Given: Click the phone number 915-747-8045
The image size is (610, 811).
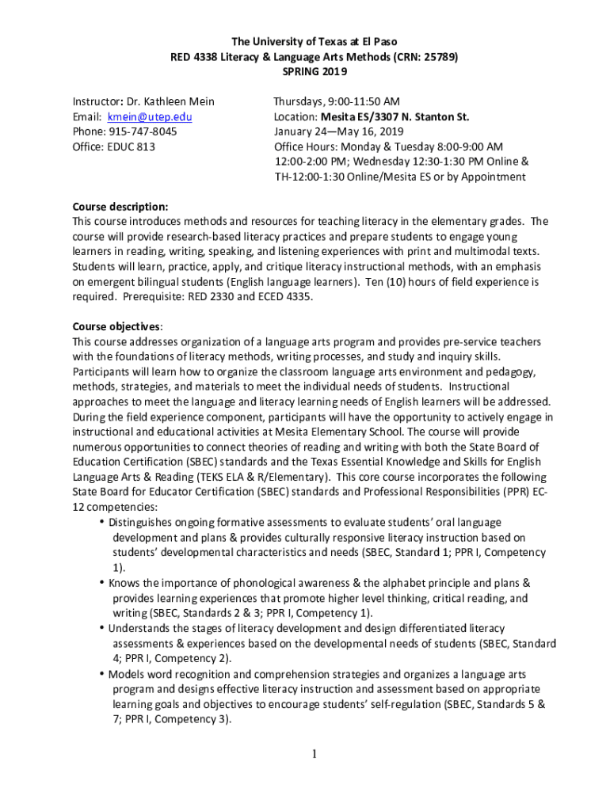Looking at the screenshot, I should tap(143, 131).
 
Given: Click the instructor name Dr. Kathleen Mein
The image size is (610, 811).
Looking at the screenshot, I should tap(169, 102).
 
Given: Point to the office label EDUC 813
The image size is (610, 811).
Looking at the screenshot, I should tap(132, 147).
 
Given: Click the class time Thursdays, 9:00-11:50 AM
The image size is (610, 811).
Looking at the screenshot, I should tap(337, 102).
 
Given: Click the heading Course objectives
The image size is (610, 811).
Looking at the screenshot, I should tap(117, 326).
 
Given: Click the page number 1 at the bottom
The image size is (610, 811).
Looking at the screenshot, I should tap(315, 754).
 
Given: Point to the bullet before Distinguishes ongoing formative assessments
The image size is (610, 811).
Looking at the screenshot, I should tap(102, 523).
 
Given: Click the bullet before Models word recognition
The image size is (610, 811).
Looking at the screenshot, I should tap(102, 675).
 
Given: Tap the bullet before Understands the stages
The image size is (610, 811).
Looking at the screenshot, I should tap(102, 629).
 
